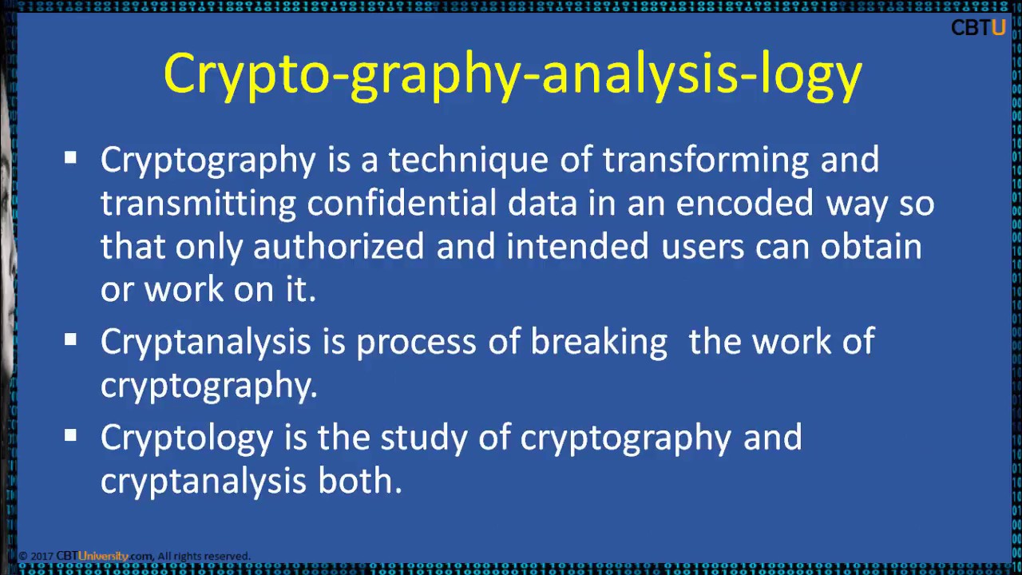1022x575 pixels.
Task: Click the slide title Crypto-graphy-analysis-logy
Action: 513,74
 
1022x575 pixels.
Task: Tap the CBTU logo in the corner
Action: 977,28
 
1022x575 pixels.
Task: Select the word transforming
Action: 706,161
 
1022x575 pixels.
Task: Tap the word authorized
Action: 339,247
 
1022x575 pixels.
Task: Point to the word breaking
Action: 599,343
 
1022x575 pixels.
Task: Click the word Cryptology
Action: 187,438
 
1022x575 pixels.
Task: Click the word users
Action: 703,247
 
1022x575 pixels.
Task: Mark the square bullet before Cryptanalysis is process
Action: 71,340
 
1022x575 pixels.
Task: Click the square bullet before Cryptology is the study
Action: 71,436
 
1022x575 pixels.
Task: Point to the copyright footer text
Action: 134,556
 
